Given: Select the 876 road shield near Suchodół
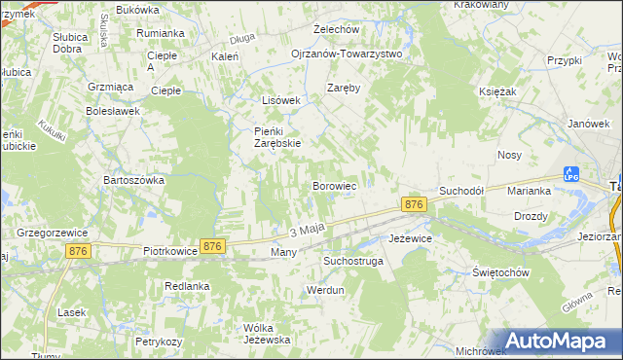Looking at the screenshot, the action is [414, 204].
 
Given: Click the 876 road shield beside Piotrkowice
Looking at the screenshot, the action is [212, 247].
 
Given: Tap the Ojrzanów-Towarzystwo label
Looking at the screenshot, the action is [347, 54].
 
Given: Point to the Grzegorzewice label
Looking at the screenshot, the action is [53, 233].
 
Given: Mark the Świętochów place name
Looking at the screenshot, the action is [500, 272].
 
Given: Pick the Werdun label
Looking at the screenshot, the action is [326, 290].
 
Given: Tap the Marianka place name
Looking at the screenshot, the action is [530, 191].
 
